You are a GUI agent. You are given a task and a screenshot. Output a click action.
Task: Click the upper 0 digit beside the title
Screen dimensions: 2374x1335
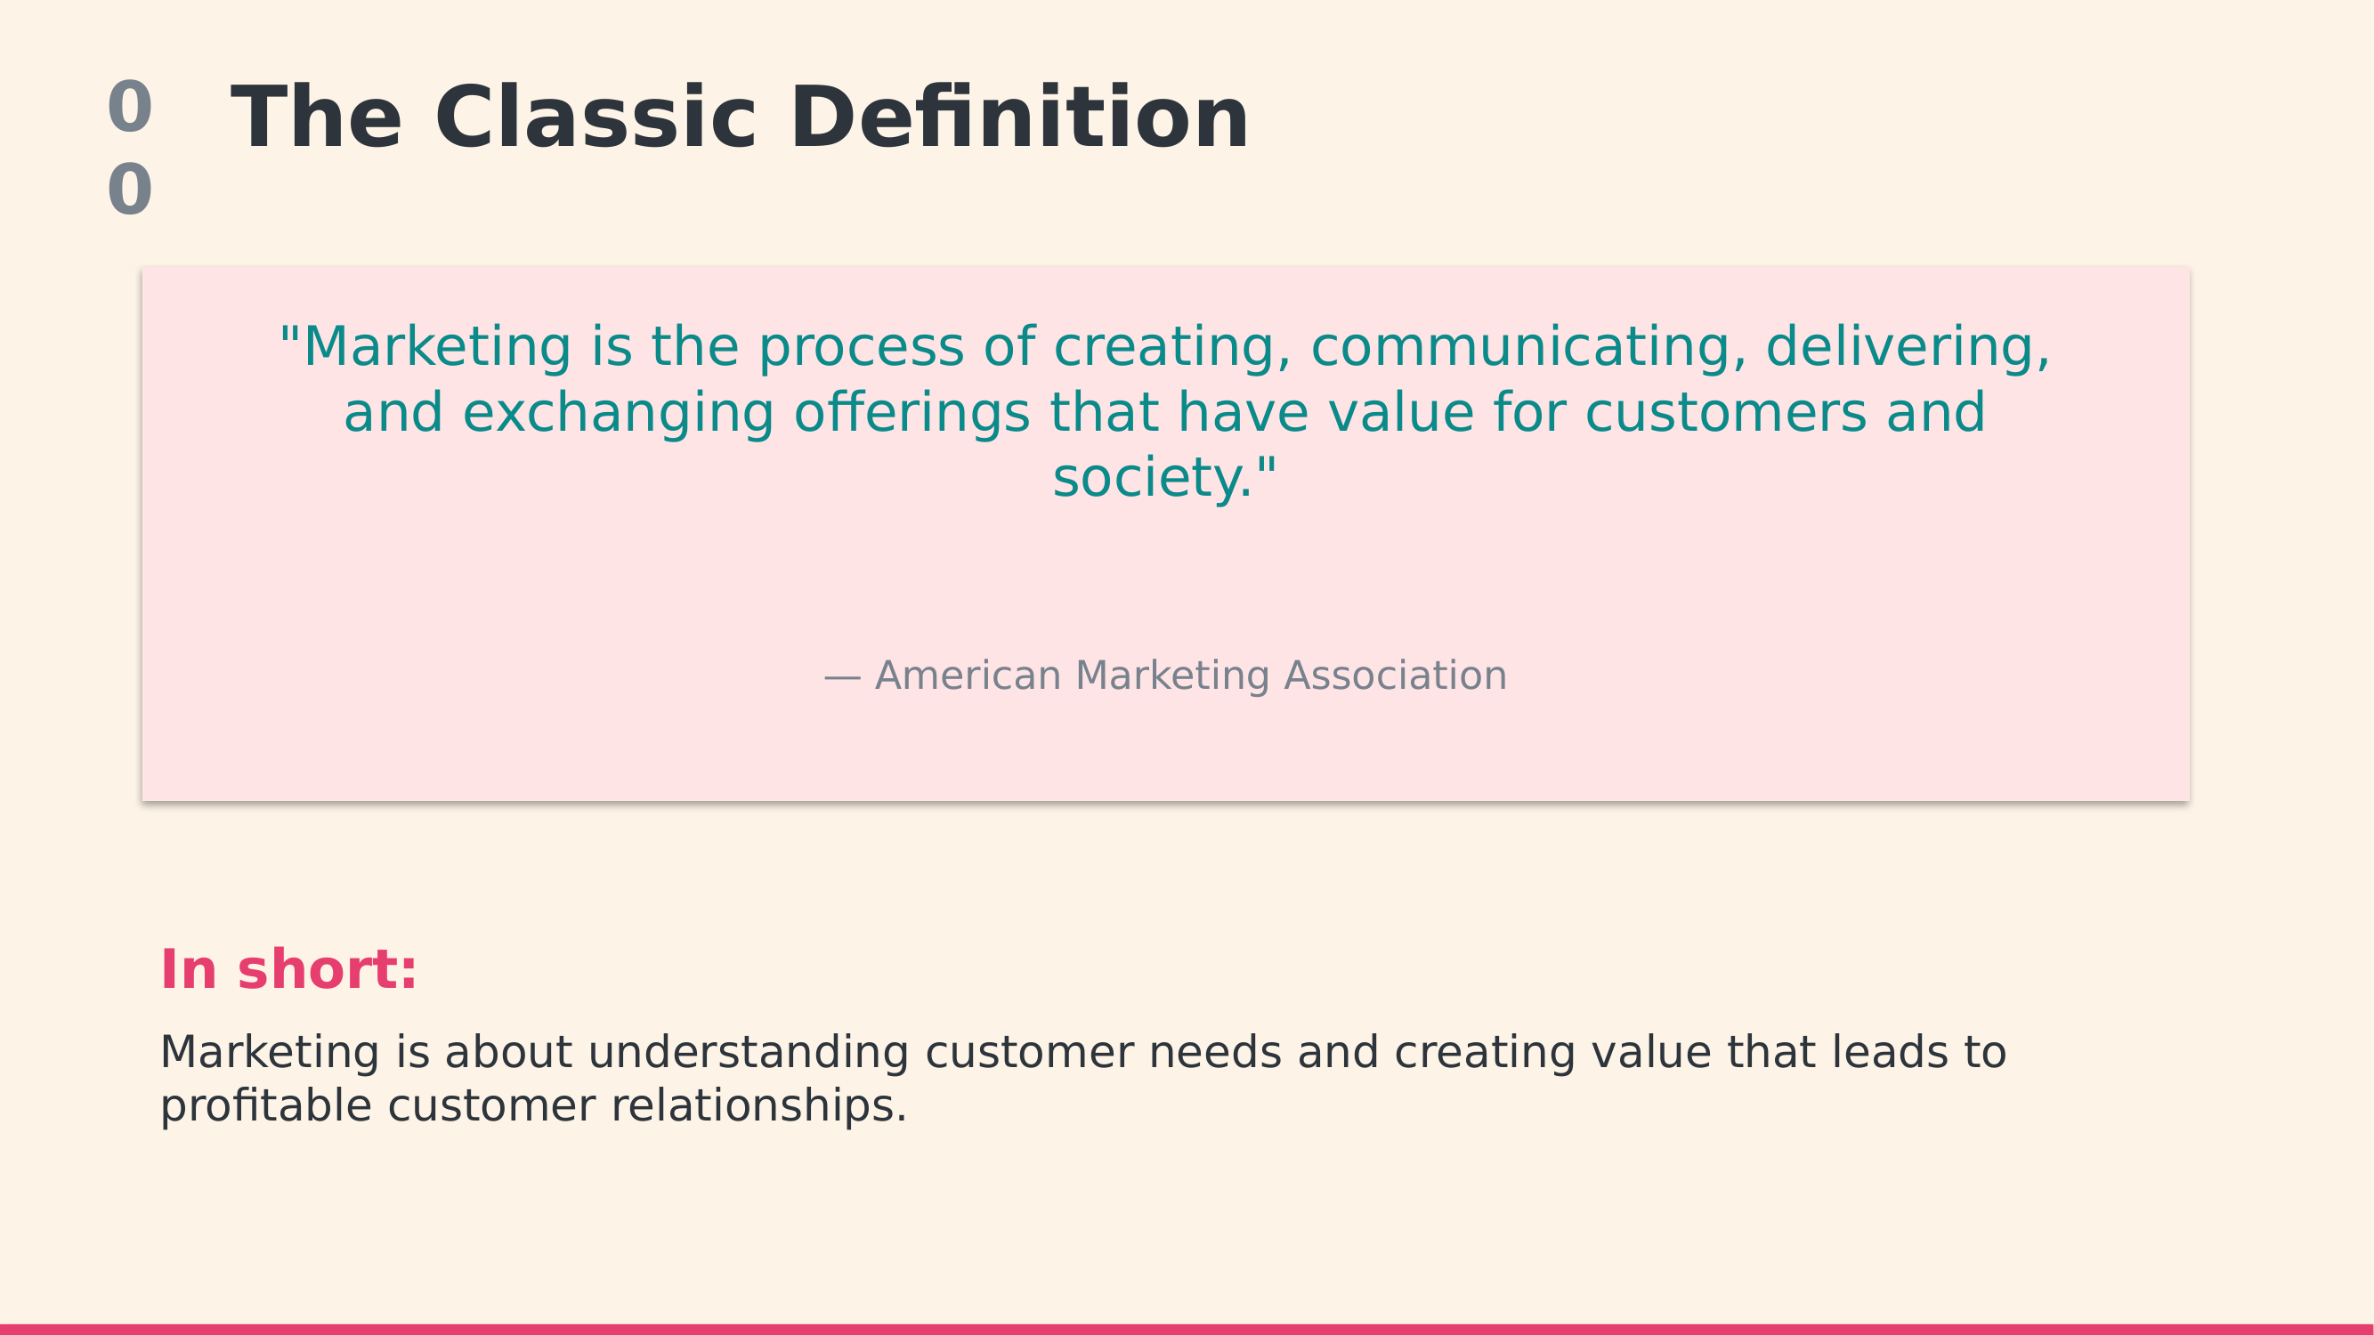pos(130,107)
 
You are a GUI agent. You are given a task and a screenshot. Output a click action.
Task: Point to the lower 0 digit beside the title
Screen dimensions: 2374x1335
pos(130,190)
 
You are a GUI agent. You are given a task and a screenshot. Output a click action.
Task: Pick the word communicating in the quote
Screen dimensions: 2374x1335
pos(1528,348)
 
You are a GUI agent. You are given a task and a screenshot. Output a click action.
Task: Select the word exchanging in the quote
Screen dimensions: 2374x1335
pos(619,414)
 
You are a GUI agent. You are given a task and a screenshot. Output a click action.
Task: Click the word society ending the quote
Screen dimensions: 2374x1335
pos(1153,479)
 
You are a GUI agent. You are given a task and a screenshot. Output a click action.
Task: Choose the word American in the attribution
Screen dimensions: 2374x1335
pos(968,676)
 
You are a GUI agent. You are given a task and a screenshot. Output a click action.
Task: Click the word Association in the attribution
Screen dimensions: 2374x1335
pos(1395,676)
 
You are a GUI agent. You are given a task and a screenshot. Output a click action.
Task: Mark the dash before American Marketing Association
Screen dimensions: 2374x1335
pos(842,679)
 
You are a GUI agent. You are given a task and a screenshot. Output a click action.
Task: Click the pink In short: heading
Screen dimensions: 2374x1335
pos(288,970)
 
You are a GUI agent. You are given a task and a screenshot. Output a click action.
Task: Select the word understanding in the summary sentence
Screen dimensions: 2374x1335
pos(749,1052)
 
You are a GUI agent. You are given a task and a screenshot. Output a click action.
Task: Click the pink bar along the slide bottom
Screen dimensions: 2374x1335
pos(1187,1330)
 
